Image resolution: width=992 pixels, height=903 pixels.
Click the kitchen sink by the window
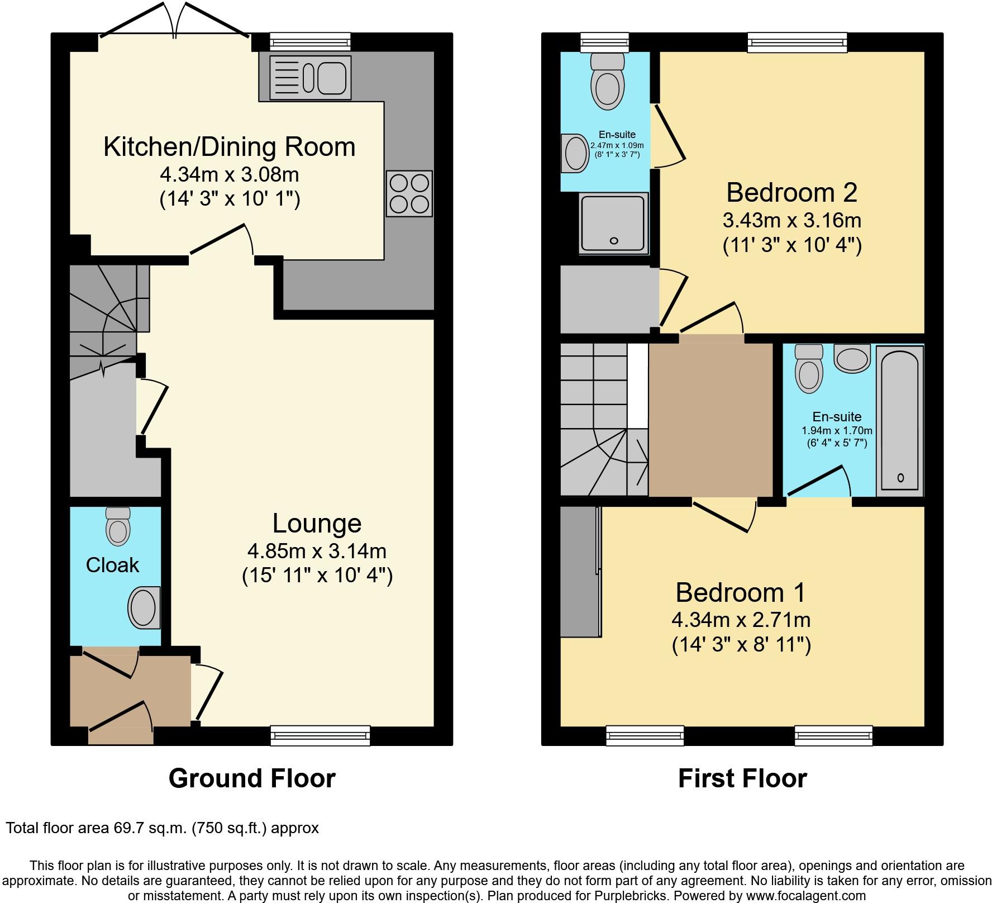point(310,78)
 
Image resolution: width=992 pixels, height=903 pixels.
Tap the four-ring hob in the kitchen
point(409,193)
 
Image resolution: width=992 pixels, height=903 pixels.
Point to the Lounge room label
point(317,524)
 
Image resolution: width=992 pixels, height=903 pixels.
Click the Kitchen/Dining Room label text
point(230,147)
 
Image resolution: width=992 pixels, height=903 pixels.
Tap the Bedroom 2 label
point(791,193)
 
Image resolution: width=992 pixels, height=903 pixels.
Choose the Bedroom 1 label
point(741,592)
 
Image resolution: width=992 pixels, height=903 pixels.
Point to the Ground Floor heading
point(252,778)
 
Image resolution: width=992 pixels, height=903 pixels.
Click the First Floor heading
point(742,778)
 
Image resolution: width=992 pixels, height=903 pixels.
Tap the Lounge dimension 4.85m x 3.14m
point(317,552)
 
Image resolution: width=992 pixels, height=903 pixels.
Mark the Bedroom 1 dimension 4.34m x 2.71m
point(741,620)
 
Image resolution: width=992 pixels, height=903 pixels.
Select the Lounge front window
point(321,735)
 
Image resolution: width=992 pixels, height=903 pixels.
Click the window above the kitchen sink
point(310,42)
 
